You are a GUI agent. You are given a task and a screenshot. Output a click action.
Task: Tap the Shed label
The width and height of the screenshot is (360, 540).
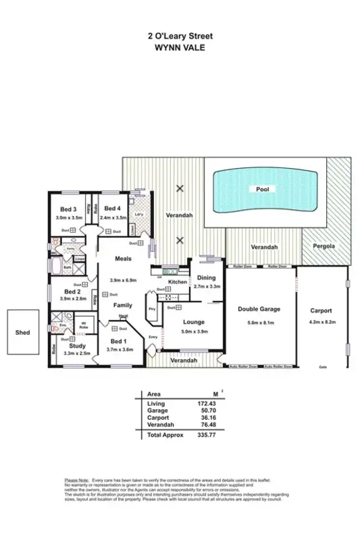point(22,333)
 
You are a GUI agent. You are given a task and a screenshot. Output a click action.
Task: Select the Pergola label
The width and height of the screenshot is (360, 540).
point(324,247)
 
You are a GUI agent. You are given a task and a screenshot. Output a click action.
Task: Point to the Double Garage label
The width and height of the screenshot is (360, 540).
point(258,309)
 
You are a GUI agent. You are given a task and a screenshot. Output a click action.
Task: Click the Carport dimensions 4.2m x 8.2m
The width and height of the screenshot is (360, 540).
point(321,322)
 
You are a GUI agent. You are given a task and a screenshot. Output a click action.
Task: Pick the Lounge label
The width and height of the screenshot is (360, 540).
point(195,323)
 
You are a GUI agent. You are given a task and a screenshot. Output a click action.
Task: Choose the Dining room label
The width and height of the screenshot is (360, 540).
point(207,277)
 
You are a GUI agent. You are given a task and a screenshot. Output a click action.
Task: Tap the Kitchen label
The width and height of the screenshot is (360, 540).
point(177,281)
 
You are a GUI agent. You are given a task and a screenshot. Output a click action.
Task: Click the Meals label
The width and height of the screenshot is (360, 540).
point(123,259)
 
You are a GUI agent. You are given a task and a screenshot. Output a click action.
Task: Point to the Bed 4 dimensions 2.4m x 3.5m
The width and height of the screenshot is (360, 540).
point(113,218)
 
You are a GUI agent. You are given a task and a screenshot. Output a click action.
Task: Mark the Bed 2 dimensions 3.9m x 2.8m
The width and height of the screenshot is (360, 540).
point(72,298)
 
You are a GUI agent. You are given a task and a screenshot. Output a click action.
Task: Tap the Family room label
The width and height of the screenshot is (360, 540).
point(122,305)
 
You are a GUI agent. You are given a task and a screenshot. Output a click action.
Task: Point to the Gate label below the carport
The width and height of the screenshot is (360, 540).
point(322,367)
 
